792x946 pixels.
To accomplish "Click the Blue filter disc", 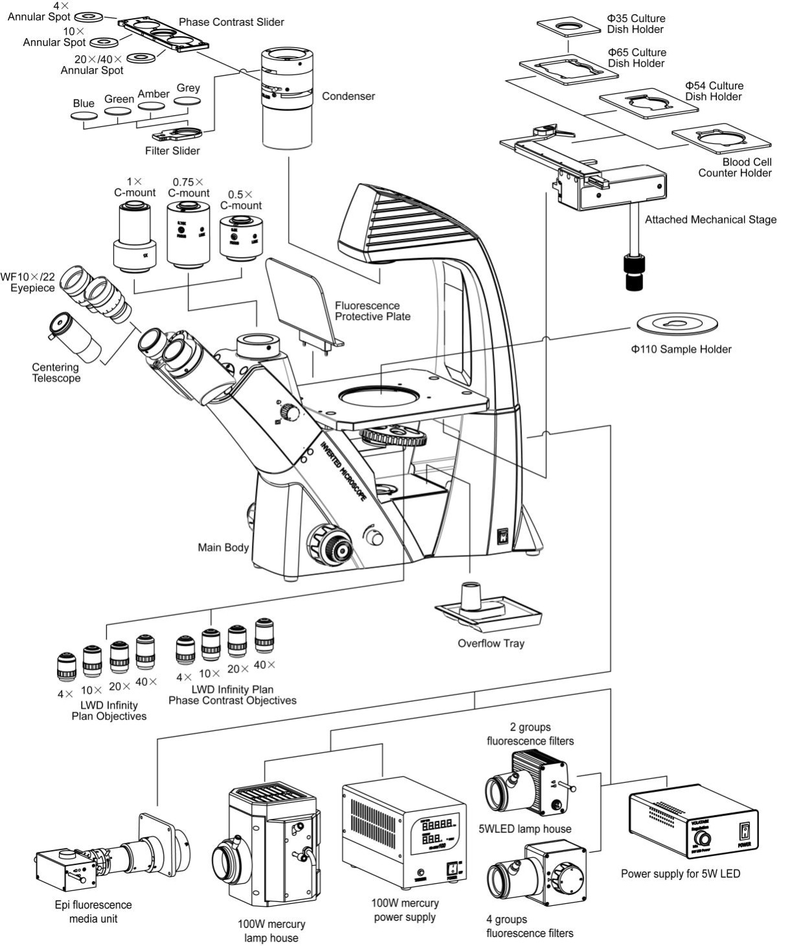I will click(84, 116).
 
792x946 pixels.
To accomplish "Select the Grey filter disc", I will click(188, 101).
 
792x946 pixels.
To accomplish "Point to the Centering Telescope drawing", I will click(75, 337).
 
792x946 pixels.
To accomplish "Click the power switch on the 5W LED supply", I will click(745, 831).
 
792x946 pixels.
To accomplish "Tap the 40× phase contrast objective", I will click(264, 636).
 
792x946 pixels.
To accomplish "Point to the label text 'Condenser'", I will click(348, 96).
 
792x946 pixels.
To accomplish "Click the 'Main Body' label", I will click(223, 548).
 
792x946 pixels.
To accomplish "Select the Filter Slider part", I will click(177, 135).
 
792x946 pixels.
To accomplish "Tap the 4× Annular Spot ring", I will click(89, 16).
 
